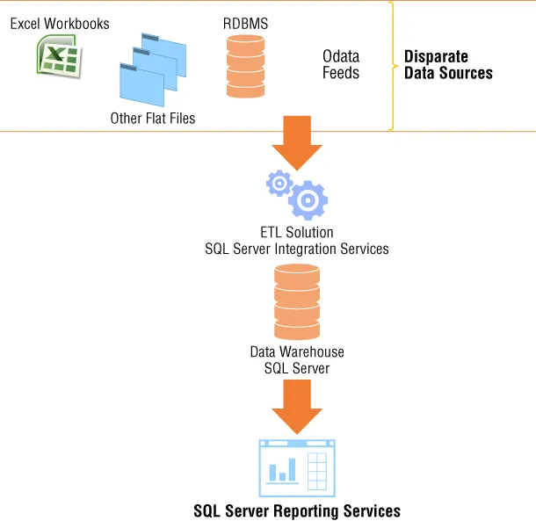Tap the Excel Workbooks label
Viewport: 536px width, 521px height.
click(x=60, y=23)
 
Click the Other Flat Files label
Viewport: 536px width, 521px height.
click(x=153, y=118)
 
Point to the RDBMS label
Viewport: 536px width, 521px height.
click(x=245, y=23)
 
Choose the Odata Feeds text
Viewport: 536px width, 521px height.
click(x=341, y=64)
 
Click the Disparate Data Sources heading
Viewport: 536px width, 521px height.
click(x=448, y=65)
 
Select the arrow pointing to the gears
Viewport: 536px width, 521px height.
click(x=297, y=142)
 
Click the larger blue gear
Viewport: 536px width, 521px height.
click(x=308, y=200)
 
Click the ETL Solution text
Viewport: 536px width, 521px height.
click(x=297, y=233)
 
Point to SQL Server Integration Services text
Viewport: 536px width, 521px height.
click(x=297, y=249)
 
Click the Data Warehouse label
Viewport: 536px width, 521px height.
click(x=297, y=352)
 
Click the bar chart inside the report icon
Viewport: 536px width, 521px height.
click(x=283, y=470)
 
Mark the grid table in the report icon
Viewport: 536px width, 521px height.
click(x=318, y=472)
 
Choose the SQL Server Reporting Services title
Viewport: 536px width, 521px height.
click(x=297, y=510)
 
